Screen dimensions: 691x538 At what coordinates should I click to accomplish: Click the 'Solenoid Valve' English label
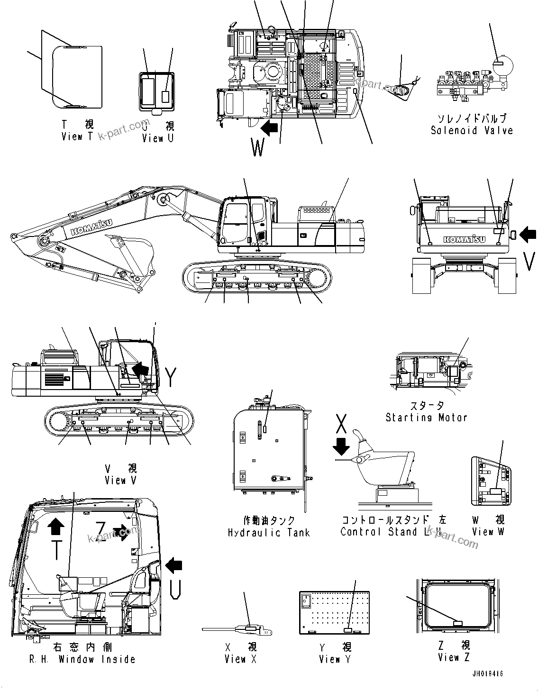(471, 130)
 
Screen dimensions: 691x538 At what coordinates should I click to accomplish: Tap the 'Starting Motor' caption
(426, 418)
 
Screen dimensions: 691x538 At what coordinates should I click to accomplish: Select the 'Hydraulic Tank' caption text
(269, 532)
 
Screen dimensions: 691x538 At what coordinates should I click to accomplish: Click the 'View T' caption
(78, 136)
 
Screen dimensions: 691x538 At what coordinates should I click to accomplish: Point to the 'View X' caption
(240, 659)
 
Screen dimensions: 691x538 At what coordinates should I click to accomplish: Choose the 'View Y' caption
(335, 659)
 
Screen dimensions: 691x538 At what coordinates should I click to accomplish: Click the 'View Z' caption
(454, 657)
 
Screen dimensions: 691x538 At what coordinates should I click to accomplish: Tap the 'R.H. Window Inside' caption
(82, 659)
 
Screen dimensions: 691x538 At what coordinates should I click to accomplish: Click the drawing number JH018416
(487, 673)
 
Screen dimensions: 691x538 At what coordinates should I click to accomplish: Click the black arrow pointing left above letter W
(269, 127)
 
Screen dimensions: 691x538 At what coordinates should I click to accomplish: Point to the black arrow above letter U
(173, 564)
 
